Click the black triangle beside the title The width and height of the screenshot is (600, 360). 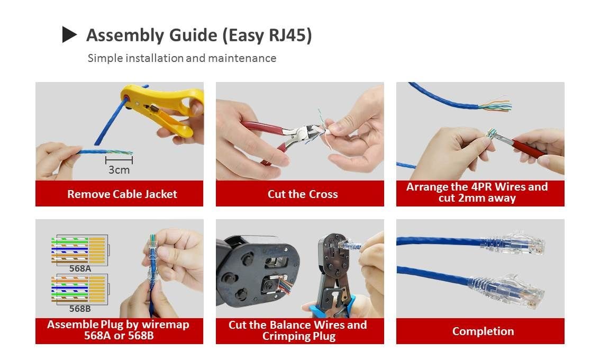69,34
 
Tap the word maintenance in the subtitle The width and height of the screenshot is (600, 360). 242,58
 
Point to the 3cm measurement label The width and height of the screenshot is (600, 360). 119,169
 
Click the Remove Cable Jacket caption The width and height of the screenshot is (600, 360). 122,194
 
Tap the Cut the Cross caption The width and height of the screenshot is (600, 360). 303,194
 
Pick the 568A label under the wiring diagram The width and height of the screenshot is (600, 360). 80,269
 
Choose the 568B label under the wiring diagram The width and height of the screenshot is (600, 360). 80,309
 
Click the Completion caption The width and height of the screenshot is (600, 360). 483,331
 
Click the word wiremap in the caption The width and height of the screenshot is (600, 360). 165,325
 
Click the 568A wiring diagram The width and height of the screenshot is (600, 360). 80,250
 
